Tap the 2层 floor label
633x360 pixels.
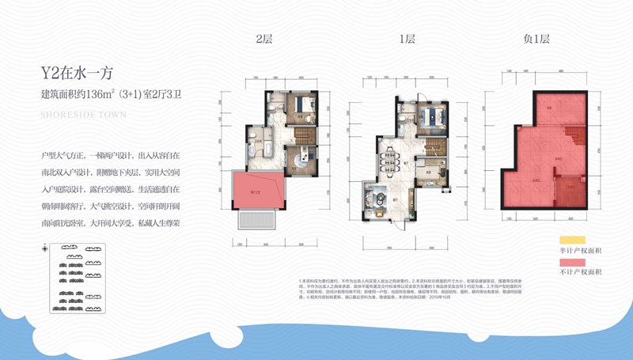click(x=263, y=39)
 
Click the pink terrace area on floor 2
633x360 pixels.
click(x=256, y=189)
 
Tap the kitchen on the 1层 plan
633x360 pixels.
click(x=404, y=119)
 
